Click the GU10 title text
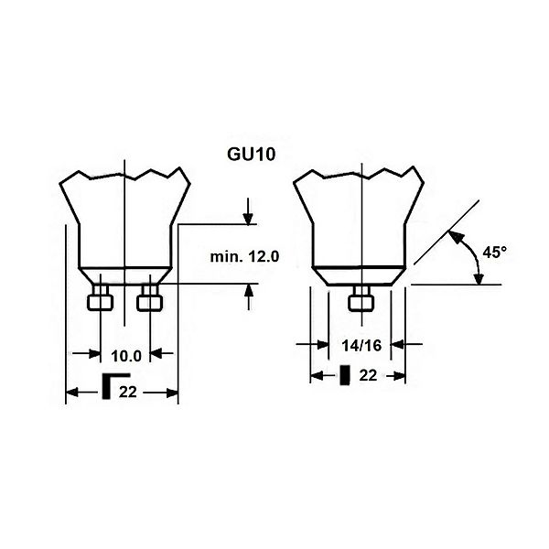point(252,155)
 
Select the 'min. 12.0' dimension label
point(244,257)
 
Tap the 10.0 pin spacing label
point(126,357)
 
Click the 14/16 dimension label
point(361,346)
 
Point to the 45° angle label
point(495,253)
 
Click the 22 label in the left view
point(127,393)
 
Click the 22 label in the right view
point(368,376)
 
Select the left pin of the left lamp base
point(100,297)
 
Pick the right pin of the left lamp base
point(150,297)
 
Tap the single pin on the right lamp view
point(361,297)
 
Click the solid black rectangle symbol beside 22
point(345,375)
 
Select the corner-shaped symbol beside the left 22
point(116,386)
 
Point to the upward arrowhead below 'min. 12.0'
point(249,290)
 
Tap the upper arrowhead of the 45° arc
point(454,237)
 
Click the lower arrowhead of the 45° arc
point(479,278)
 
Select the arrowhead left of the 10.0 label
point(94,353)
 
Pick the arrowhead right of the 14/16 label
point(397,345)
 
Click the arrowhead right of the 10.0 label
point(156,353)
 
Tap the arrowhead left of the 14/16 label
point(322,345)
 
